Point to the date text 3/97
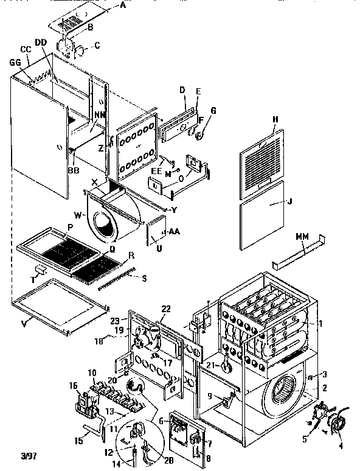[x=13, y=455]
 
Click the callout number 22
[x=166, y=310]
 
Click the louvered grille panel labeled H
[x=258, y=158]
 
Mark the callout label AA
[x=174, y=232]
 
